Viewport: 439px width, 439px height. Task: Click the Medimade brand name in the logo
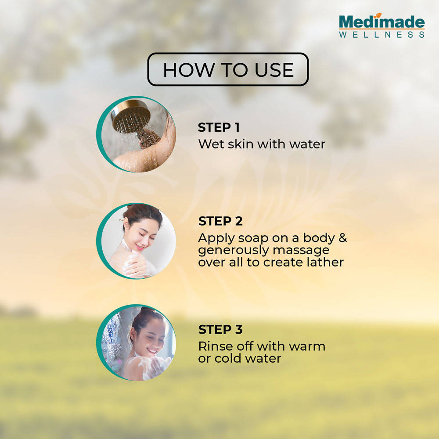point(381,22)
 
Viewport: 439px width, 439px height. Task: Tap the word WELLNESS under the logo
point(381,35)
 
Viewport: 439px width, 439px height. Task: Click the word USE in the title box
point(274,70)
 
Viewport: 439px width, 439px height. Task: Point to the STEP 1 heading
point(219,127)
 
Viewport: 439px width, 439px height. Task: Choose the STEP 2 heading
point(220,221)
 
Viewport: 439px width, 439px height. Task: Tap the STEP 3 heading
point(220,330)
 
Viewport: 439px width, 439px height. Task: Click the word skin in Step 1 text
point(241,144)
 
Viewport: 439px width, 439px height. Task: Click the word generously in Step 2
point(232,251)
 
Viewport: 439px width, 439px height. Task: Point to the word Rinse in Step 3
point(216,346)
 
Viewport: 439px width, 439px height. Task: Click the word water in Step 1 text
point(307,144)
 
